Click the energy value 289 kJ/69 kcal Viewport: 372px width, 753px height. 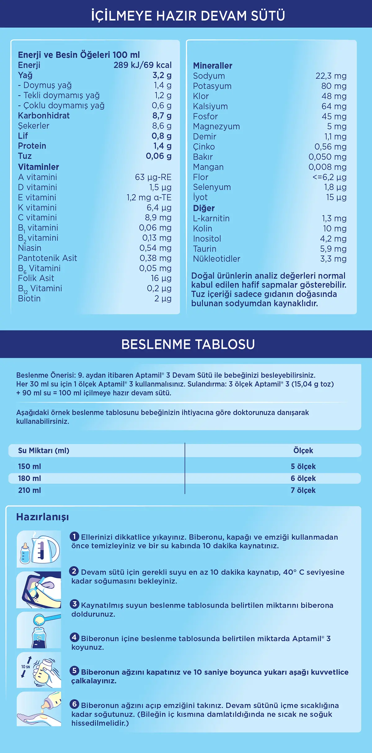(142, 65)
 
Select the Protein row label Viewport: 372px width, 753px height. (32, 146)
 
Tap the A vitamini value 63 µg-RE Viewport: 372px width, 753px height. (153, 177)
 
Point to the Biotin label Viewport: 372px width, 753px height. (29, 298)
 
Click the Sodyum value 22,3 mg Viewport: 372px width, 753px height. (331, 76)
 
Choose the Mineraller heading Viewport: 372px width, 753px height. (212, 66)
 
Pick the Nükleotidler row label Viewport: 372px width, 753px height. (216, 259)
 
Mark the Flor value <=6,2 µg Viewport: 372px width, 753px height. (329, 177)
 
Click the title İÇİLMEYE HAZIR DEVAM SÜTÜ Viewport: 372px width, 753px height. (188, 16)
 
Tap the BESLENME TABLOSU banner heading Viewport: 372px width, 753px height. (188, 344)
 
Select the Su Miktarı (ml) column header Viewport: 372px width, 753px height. (44, 451)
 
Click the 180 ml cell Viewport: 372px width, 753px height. (29, 478)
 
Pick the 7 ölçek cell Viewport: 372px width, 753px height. (303, 490)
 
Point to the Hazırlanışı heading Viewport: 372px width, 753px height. (42, 517)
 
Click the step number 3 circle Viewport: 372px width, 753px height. (74, 604)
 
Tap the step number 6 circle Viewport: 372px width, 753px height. (74, 704)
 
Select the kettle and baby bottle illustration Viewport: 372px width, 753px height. (39, 549)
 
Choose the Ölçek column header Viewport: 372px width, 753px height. (303, 451)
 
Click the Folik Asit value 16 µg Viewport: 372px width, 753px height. (161, 278)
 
